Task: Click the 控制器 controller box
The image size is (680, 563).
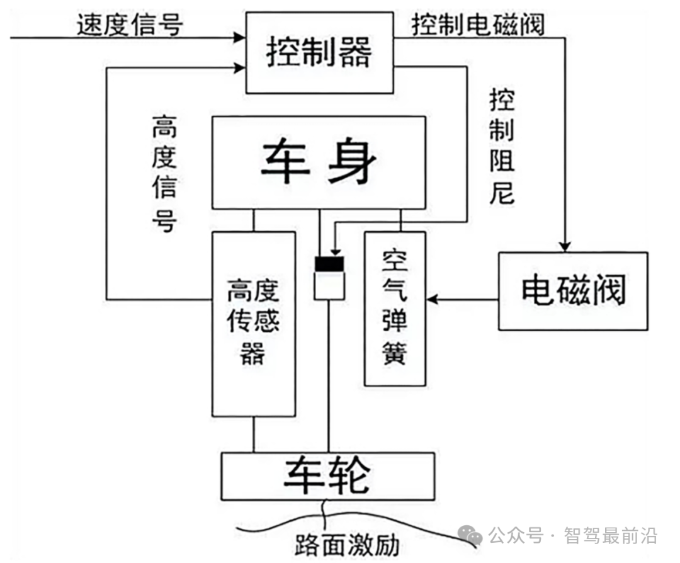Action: (319, 54)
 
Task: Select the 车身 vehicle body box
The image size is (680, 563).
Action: (319, 162)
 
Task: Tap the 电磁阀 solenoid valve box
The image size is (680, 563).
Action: (573, 291)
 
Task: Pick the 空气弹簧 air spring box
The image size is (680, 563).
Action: (395, 308)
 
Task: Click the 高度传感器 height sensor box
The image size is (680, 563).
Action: (254, 324)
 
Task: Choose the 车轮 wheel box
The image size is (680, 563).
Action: (327, 477)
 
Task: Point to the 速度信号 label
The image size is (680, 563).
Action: (130, 25)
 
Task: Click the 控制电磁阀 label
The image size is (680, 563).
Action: (479, 25)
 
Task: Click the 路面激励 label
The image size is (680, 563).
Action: (346, 544)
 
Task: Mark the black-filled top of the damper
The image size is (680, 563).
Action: (330, 264)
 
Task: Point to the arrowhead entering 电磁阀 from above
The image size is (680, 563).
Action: (566, 244)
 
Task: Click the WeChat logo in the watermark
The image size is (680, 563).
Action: (471, 535)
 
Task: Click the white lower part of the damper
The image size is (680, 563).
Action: (330, 285)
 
